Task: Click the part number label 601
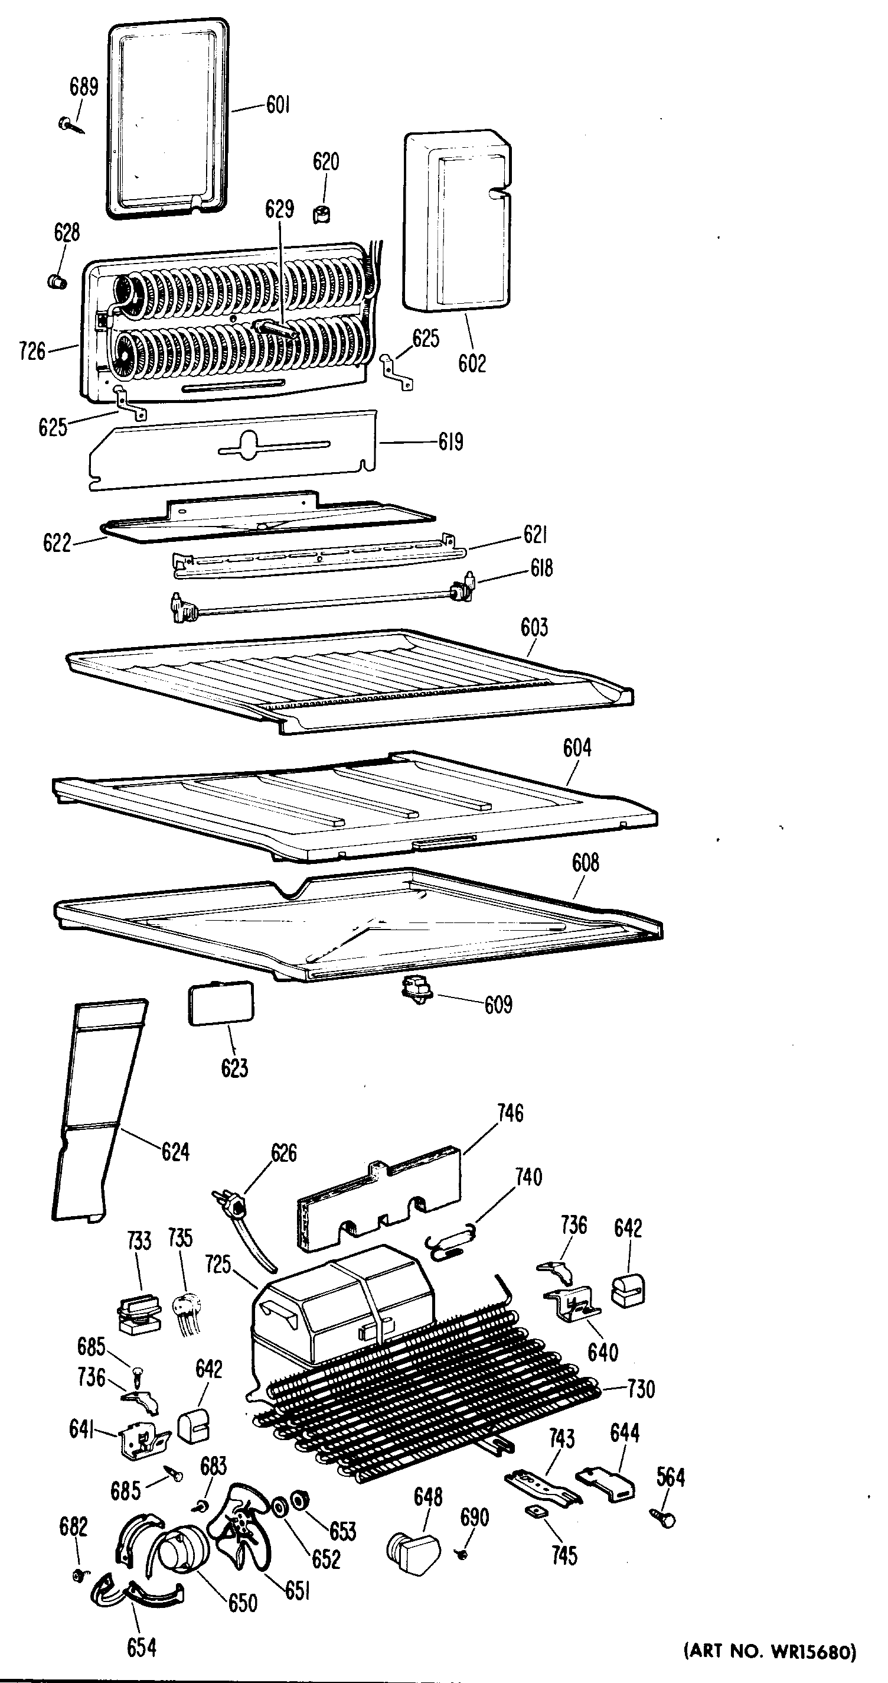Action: click(x=278, y=105)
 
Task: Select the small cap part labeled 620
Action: click(x=321, y=213)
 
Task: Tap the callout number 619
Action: click(x=450, y=442)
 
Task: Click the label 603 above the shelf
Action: click(x=534, y=628)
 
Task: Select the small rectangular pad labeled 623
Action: click(x=221, y=1003)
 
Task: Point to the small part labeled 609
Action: click(x=418, y=988)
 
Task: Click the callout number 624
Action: click(x=175, y=1152)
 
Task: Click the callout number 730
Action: click(x=641, y=1389)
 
